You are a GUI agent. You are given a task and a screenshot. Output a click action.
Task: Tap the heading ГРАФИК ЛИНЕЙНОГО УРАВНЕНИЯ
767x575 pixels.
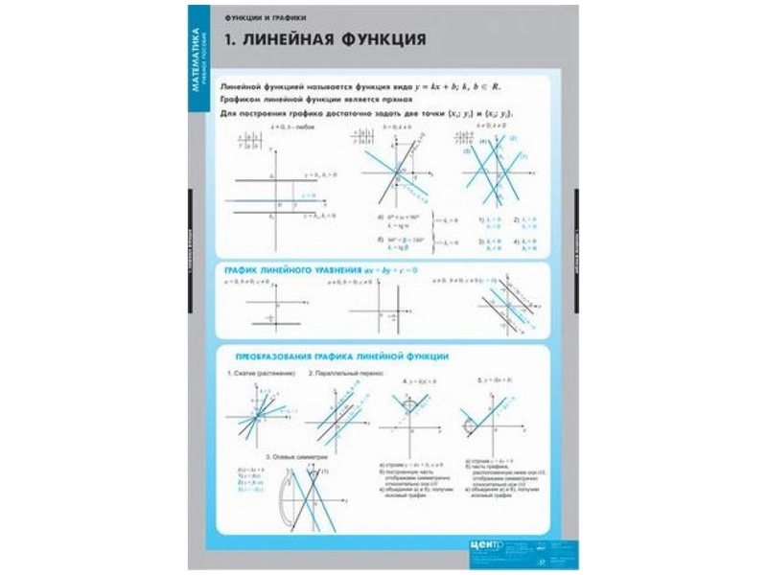point(292,270)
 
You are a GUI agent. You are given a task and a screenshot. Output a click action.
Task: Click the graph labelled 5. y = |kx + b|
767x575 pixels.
point(490,417)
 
